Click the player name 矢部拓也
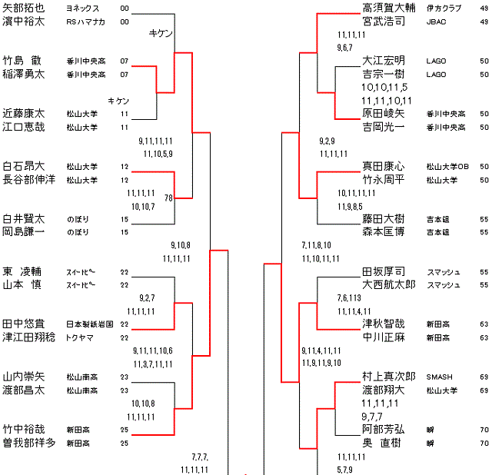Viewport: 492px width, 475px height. tap(24, 8)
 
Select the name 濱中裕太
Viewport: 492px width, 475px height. tap(24, 22)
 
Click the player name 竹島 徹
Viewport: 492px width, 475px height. tap(24, 60)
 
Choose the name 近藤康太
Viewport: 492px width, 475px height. tap(24, 113)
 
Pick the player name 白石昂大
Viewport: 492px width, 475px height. tap(24, 166)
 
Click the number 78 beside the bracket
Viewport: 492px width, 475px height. tap(168, 198)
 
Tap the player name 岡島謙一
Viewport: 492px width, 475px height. tap(24, 232)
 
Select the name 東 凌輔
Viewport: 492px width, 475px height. tap(24, 272)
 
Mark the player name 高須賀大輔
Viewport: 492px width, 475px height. tap(389, 8)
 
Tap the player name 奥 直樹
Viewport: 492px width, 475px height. tap(389, 443)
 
